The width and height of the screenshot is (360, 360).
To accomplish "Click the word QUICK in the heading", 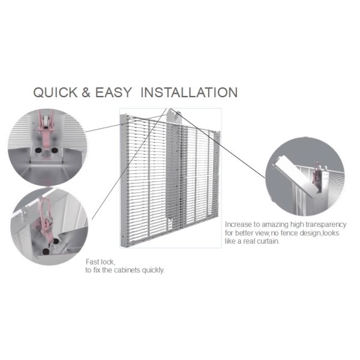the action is (x=56, y=92).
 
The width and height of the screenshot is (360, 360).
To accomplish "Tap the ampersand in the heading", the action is (x=86, y=92).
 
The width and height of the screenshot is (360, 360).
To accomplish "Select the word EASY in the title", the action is (x=113, y=92).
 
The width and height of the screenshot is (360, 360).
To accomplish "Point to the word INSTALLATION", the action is (x=189, y=92).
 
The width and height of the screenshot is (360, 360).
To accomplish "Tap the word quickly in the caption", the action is (x=153, y=270).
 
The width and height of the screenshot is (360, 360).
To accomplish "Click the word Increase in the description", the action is (x=238, y=224).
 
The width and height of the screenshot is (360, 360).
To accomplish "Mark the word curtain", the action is (x=268, y=241).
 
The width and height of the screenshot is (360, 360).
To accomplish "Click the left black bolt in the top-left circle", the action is (x=37, y=151).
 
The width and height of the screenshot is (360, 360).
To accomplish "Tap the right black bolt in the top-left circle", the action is (x=54, y=151).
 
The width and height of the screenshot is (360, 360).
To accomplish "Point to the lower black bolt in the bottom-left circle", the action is (x=46, y=251).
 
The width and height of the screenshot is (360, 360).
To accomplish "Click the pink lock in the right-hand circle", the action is (x=316, y=173).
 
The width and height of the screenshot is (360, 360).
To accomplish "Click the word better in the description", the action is (x=244, y=233).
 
